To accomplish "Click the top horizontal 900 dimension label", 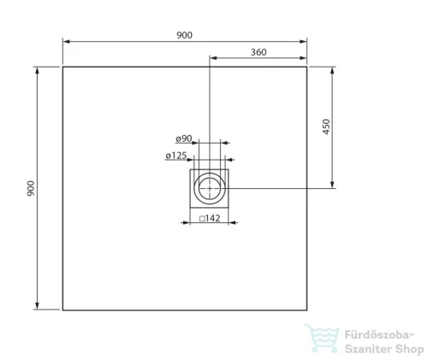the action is click(x=184, y=35).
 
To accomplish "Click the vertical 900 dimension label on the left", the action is click(x=31, y=188).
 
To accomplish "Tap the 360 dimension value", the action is click(x=259, y=52).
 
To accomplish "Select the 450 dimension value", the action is click(x=326, y=127).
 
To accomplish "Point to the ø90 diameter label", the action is click(x=184, y=139).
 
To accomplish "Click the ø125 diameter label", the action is click(x=176, y=156).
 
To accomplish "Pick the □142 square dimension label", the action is click(x=210, y=218).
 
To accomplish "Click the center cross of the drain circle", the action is click(x=210, y=188).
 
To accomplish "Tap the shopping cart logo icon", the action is click(x=322, y=338).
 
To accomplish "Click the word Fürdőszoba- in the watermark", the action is click(x=379, y=334).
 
